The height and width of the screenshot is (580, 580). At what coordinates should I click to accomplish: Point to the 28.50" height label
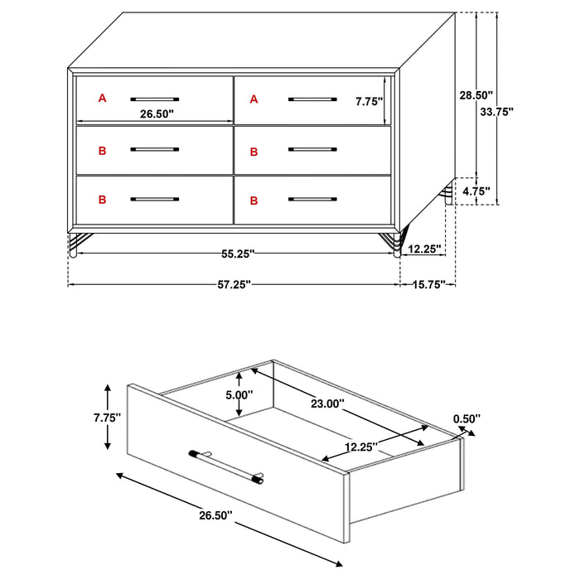click(x=476, y=95)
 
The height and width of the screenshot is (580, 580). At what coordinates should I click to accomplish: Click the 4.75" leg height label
click(x=476, y=191)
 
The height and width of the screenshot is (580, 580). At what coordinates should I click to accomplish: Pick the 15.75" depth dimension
click(x=430, y=284)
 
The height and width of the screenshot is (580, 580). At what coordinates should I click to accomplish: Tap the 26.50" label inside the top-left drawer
click(x=157, y=114)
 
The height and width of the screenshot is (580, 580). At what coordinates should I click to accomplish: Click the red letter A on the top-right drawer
click(x=254, y=99)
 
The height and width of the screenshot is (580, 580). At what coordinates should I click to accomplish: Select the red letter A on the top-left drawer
click(x=103, y=99)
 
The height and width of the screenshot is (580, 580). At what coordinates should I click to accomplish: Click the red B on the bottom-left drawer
click(x=103, y=200)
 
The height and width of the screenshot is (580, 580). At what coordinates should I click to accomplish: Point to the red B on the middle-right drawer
click(x=254, y=151)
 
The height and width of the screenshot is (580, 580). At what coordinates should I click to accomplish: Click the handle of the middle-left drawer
click(x=155, y=150)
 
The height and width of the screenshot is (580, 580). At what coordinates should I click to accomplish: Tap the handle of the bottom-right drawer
click(x=312, y=200)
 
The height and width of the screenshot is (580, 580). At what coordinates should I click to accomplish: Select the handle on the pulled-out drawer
click(x=229, y=465)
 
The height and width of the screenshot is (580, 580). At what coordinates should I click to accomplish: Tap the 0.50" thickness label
click(x=466, y=419)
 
